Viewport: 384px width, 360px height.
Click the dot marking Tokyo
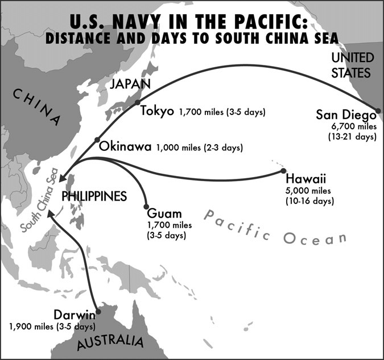pos(137,103)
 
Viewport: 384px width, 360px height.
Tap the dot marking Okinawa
pos(97,140)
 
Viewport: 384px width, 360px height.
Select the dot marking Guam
pos(146,207)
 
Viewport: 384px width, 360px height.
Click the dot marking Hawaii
pos(283,170)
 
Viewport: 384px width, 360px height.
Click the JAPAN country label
pos(130,85)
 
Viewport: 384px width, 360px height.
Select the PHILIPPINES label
pos(93,195)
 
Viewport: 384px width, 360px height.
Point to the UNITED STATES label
pos(352,66)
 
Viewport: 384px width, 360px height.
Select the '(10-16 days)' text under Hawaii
pos(310,201)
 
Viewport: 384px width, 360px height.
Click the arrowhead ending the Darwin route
pos(49,213)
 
